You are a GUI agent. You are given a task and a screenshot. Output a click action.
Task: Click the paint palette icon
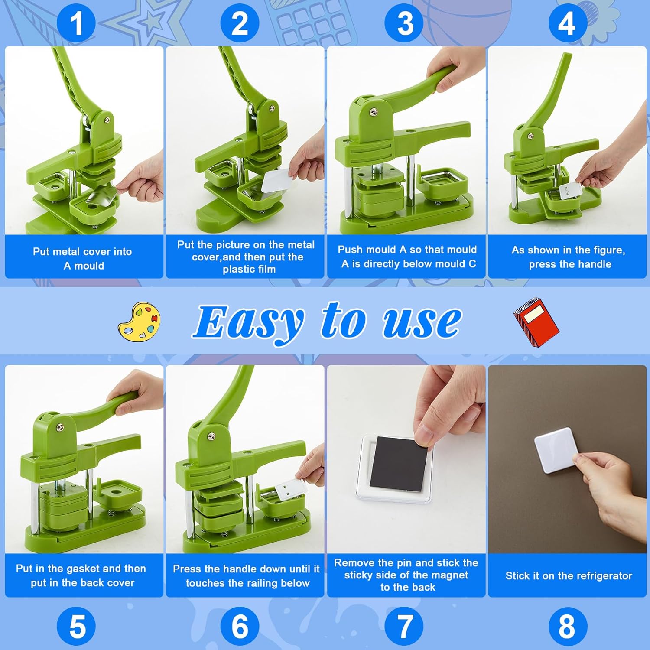point(139,321)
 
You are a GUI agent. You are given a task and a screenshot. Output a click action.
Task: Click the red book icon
point(536,321)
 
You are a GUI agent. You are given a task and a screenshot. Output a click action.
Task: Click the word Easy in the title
point(249,323)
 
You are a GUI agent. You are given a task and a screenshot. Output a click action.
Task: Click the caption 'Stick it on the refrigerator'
point(568,576)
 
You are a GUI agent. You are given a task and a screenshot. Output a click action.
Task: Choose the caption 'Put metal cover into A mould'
point(83,258)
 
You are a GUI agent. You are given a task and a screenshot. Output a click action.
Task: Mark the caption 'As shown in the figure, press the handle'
point(568,257)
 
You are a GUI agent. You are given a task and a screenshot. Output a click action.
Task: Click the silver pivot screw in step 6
point(211,436)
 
